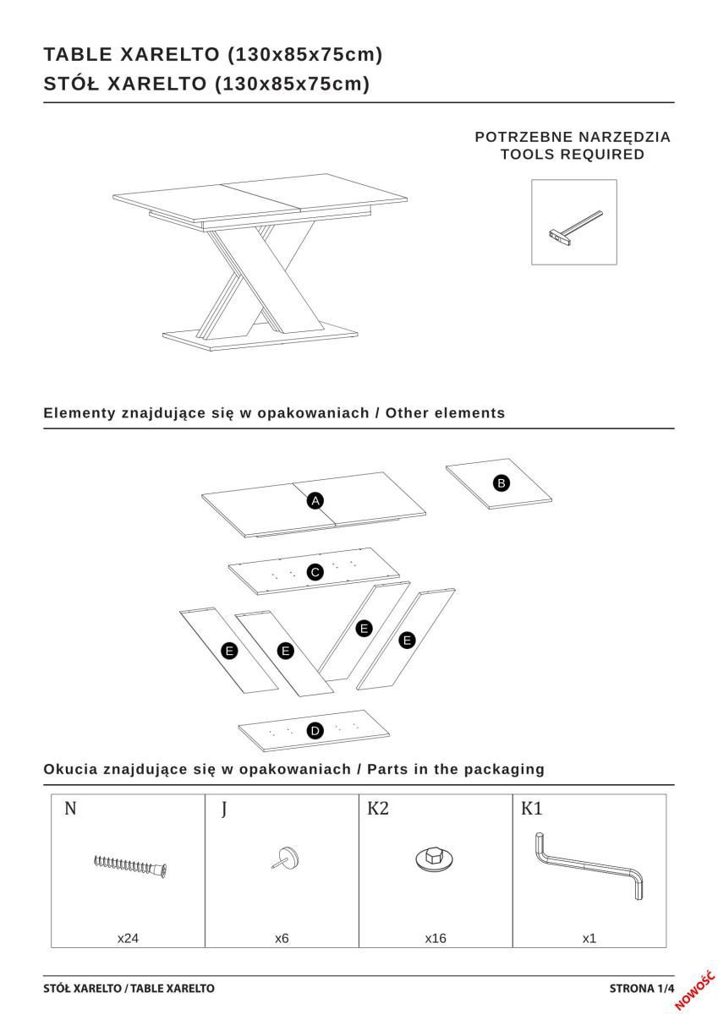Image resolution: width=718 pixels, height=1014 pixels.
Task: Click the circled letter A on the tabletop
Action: pyautogui.click(x=315, y=501)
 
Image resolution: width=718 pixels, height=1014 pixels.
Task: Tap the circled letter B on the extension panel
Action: pyautogui.click(x=501, y=482)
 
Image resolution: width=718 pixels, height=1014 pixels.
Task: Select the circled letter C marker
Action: pyautogui.click(x=315, y=573)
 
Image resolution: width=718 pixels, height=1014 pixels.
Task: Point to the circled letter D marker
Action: pyautogui.click(x=315, y=731)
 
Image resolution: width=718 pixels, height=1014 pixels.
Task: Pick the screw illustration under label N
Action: pyautogui.click(x=131, y=864)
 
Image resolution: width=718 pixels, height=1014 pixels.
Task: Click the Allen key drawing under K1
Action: pyautogui.click(x=590, y=864)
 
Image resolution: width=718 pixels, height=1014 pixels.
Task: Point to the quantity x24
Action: pyautogui.click(x=128, y=938)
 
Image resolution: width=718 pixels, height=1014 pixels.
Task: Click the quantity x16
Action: pyautogui.click(x=436, y=938)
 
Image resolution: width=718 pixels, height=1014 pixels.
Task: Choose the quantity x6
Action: pyautogui.click(x=282, y=938)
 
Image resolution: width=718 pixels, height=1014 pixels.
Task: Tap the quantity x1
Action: pyautogui.click(x=589, y=938)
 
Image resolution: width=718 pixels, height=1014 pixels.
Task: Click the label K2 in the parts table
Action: pyautogui.click(x=378, y=809)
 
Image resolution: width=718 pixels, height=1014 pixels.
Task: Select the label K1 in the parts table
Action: pyautogui.click(x=532, y=809)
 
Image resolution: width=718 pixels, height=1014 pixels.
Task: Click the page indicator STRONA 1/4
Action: pyautogui.click(x=642, y=988)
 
